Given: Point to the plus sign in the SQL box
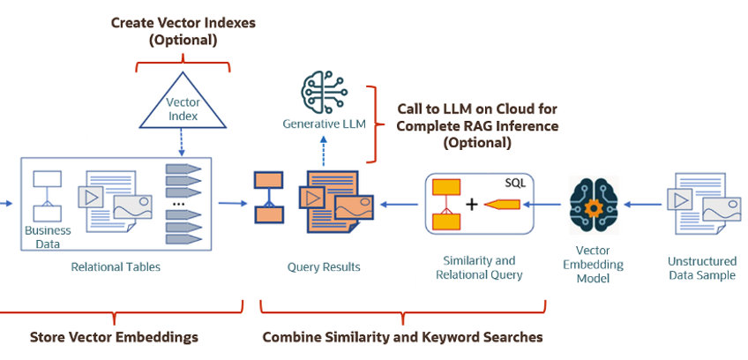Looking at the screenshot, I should [x=472, y=205].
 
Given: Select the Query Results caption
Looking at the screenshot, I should [x=323, y=266].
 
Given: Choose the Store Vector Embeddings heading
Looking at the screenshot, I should [x=114, y=337].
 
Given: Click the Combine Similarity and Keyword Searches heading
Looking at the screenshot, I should [x=402, y=337].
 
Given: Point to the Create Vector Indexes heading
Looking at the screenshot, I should [x=183, y=30].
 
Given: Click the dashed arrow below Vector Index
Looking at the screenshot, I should [x=183, y=144].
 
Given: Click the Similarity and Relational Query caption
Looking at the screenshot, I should [x=478, y=267].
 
